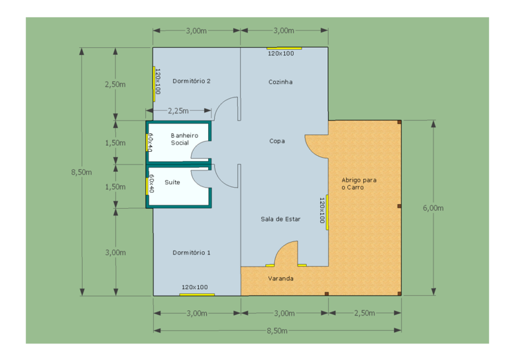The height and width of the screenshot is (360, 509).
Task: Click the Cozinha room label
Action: tap(280, 82)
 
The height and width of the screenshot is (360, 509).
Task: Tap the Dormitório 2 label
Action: tap(191, 81)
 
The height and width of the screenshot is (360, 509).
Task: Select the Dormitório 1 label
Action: tap(191, 252)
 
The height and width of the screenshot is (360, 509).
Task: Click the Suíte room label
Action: tap(172, 182)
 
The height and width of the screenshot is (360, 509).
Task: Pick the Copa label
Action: tap(277, 141)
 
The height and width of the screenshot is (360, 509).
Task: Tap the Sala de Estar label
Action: tap(280, 219)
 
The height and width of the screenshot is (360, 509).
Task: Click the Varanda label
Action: tap(280, 278)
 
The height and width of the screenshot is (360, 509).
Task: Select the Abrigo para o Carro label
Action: tap(359, 184)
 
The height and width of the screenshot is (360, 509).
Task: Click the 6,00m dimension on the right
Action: tap(433, 208)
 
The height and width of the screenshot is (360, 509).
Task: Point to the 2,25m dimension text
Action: tap(178, 111)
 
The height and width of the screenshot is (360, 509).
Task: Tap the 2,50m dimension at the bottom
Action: tap(365, 313)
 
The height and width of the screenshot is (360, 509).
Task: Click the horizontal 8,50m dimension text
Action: tap(277, 330)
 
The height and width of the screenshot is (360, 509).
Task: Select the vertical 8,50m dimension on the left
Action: tap(82, 172)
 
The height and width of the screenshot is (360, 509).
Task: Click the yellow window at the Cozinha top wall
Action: tap(284, 48)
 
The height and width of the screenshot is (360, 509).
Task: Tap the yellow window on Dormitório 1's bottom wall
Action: tap(197, 295)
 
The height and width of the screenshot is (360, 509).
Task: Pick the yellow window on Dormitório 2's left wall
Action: tap(154, 84)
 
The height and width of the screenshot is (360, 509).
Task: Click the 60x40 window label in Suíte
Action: tap(151, 184)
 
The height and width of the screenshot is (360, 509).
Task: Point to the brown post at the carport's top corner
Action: tap(399, 122)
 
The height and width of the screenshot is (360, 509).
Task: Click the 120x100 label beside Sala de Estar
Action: tap(321, 210)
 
